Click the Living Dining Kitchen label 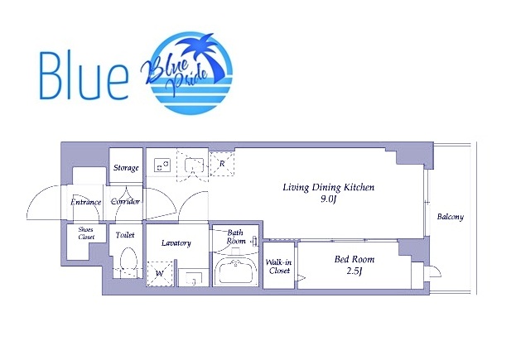329,187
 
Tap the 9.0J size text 328,199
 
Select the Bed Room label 354,259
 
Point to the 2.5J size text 354,271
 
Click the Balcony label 451,217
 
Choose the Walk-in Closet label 279,266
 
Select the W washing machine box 160,274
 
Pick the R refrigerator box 222,163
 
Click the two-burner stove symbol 162,165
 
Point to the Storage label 126,168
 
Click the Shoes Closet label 86,233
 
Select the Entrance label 86,202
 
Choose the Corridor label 125,201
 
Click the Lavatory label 176,243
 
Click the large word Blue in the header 84,76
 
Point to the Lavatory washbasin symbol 194,277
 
